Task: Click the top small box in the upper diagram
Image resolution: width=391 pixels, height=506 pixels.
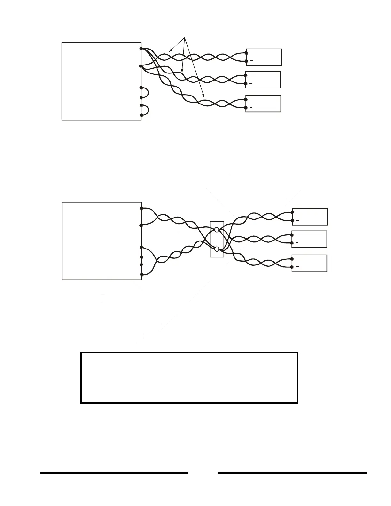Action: [264, 57]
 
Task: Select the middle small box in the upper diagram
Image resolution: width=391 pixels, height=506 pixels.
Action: [263, 80]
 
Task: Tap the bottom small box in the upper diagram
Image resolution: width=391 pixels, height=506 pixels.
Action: [264, 104]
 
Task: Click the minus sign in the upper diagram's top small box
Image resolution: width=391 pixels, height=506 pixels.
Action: [252, 61]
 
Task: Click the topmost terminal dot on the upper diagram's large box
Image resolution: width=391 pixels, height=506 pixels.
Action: [141, 49]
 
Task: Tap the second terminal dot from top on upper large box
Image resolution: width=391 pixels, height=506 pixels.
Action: [141, 66]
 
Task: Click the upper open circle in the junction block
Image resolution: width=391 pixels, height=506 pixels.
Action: [217, 230]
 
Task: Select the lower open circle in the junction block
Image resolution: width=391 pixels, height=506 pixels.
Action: [217, 249]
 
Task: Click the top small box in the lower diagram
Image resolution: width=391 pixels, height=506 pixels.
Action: [310, 217]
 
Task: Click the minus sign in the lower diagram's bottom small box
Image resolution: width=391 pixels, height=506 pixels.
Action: [297, 267]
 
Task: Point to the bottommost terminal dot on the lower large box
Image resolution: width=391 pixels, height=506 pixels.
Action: [141, 274]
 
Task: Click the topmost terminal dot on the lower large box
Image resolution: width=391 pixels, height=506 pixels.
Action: [141, 208]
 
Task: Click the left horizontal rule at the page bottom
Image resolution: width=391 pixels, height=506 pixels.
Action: [114, 473]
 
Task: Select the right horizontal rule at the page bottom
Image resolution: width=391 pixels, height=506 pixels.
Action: [292, 473]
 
